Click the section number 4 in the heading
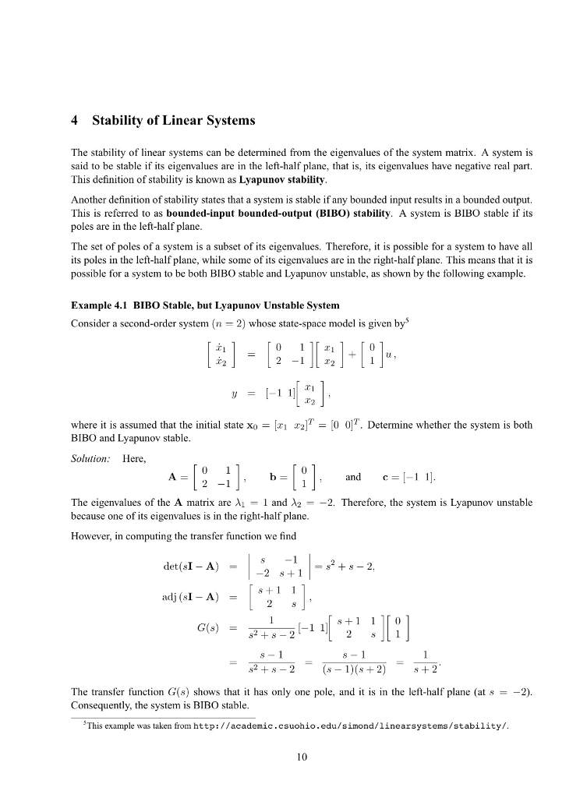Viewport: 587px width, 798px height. pos(74,122)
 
